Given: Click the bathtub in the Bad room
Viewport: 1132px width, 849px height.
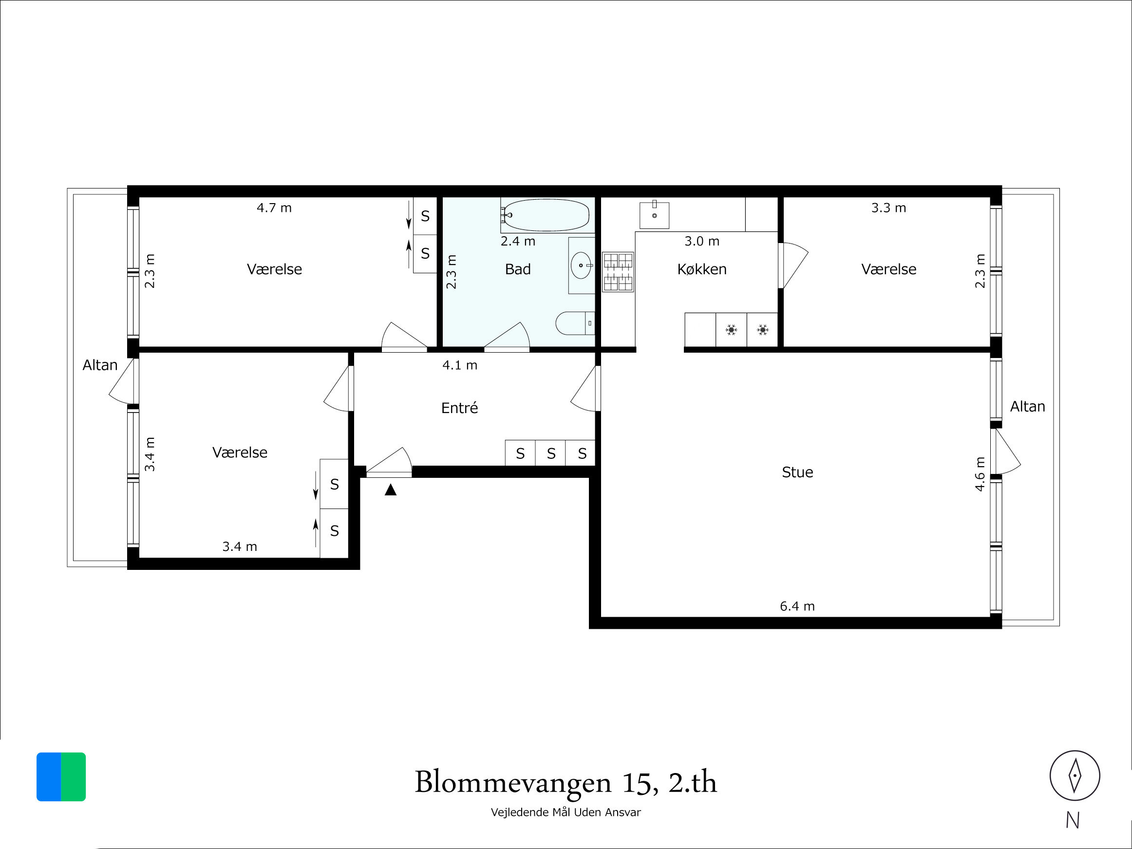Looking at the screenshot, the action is [547, 215].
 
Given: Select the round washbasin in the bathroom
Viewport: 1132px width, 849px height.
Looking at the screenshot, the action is [581, 265].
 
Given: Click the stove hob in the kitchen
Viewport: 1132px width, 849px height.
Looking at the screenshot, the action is [618, 272].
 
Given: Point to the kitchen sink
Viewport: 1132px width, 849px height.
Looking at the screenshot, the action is [654, 215].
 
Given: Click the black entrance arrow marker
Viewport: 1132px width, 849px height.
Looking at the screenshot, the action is [391, 490].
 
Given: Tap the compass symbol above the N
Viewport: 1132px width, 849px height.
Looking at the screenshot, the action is [1075, 775].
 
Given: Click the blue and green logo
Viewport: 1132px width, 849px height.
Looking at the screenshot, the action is [61, 776].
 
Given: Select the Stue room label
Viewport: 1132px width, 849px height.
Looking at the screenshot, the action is [797, 472].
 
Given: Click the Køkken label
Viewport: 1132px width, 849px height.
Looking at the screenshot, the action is [701, 269].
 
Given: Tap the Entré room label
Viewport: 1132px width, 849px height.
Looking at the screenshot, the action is [459, 407].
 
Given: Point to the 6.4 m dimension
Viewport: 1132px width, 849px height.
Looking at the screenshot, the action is [797, 606].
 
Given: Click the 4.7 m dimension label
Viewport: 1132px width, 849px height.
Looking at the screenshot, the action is [274, 208].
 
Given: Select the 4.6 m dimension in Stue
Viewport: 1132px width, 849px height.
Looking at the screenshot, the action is [980, 474].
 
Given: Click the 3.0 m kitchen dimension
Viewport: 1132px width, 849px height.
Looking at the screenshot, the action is [701, 241].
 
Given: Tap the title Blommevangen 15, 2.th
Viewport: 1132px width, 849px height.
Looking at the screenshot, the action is [566, 782].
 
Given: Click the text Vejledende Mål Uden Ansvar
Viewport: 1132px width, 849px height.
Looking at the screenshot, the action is [566, 812].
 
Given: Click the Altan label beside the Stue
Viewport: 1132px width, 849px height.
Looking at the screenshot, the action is [1027, 406].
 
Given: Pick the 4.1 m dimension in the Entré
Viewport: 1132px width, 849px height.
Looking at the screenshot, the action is [459, 365].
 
